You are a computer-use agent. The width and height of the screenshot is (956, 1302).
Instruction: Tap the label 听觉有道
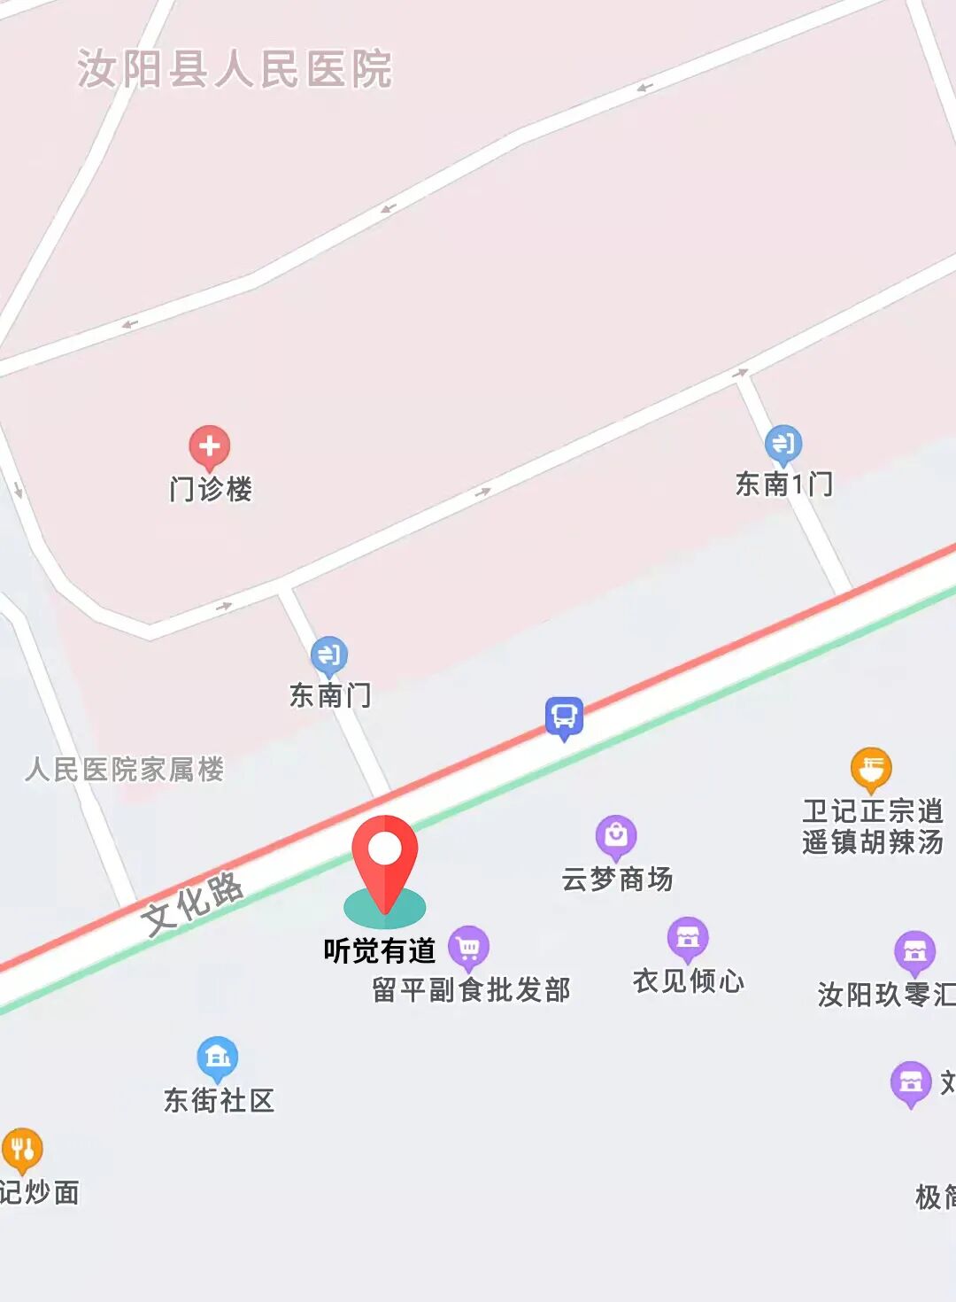379,950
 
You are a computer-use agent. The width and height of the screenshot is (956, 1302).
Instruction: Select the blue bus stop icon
564,717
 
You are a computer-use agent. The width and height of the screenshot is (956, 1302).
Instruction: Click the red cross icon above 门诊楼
209,447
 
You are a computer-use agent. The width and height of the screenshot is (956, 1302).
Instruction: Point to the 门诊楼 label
211,489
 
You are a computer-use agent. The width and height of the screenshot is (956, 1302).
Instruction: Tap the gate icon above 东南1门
783,443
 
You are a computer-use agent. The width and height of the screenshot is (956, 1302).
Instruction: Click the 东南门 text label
330,695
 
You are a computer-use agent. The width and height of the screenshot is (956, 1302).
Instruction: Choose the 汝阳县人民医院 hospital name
235,69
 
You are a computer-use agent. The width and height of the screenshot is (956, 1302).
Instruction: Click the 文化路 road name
193,903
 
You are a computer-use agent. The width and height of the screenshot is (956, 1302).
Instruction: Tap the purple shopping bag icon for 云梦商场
616,834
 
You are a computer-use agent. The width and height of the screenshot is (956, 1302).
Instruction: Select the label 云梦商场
617,880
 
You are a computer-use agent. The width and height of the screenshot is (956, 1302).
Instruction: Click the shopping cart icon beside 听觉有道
468,947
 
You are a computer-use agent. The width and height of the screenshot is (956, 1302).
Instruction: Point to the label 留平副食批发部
471,989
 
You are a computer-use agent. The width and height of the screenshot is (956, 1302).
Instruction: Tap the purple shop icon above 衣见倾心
688,937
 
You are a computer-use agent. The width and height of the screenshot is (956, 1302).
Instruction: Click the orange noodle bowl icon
871,768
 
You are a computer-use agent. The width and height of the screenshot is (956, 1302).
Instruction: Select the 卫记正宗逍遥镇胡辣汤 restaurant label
873,825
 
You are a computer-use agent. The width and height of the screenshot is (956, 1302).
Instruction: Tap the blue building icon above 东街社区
217,1056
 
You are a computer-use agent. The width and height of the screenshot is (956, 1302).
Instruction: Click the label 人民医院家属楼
124,769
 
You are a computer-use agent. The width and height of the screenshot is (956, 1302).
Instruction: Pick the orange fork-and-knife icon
22,1149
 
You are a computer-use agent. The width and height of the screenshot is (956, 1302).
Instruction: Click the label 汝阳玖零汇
885,995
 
